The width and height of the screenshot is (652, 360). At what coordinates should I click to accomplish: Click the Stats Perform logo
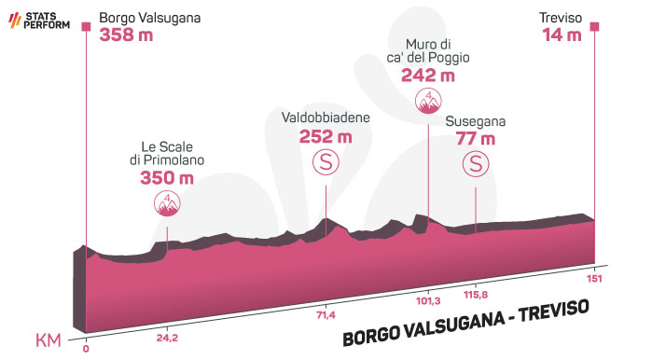click(x=39, y=21)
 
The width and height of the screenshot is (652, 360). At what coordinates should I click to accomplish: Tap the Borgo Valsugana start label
click(x=149, y=19)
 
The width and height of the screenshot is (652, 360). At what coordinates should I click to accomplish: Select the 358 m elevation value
click(x=126, y=35)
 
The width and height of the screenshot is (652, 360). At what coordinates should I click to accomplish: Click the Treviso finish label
click(x=561, y=18)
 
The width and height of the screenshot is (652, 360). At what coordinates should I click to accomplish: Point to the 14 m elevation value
click(x=562, y=35)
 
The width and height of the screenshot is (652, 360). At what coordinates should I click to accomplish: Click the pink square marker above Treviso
click(x=594, y=27)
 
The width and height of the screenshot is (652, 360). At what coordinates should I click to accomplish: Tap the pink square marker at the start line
click(x=86, y=27)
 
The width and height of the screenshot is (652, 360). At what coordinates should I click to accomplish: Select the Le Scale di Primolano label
click(x=167, y=153)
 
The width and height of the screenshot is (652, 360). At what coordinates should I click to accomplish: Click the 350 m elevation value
click(x=167, y=178)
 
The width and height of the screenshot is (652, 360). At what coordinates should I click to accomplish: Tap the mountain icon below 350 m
click(x=167, y=203)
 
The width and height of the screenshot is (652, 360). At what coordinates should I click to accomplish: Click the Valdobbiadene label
click(x=326, y=118)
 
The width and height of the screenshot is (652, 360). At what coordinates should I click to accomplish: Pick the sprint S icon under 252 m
click(x=326, y=162)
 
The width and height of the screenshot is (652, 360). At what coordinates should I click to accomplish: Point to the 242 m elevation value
click(x=428, y=76)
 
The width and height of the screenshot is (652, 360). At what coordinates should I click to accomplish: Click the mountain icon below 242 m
click(x=428, y=101)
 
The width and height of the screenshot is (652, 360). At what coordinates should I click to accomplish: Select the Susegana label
click(x=476, y=122)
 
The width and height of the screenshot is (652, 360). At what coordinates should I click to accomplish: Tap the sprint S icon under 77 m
click(x=476, y=163)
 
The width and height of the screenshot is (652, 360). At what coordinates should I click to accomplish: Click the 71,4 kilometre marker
click(x=326, y=315)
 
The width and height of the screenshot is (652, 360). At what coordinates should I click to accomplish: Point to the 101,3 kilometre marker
click(x=428, y=300)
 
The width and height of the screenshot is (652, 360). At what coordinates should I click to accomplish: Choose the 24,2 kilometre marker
click(x=167, y=338)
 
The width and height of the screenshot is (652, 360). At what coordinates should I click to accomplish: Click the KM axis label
click(x=49, y=340)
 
